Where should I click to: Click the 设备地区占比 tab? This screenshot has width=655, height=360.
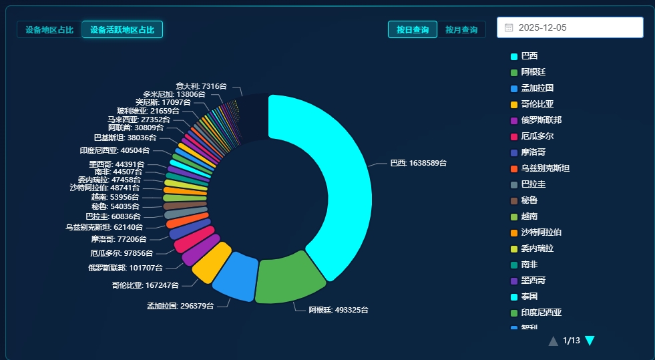[49, 29]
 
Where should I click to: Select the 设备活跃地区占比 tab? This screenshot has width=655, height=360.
[122, 29]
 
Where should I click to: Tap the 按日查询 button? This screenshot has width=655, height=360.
[412, 29]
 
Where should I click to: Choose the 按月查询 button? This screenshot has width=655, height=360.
[461, 29]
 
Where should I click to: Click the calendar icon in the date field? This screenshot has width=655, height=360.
[509, 27]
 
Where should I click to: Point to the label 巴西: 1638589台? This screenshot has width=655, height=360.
[418, 163]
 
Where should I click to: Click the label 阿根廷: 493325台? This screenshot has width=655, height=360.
[338, 310]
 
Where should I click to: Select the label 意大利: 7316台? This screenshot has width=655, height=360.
[201, 86]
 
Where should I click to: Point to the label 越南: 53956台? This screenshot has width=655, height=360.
[116, 197]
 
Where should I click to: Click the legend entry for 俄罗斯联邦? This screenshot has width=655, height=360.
[541, 120]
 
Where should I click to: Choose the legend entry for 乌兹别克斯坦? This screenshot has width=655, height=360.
[545, 168]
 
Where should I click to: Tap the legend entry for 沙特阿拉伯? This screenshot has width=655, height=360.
[541, 232]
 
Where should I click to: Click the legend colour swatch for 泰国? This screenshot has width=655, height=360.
[514, 297]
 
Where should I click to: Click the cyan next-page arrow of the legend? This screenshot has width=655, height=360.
[590, 341]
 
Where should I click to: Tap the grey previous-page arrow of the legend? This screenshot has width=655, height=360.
[553, 341]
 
